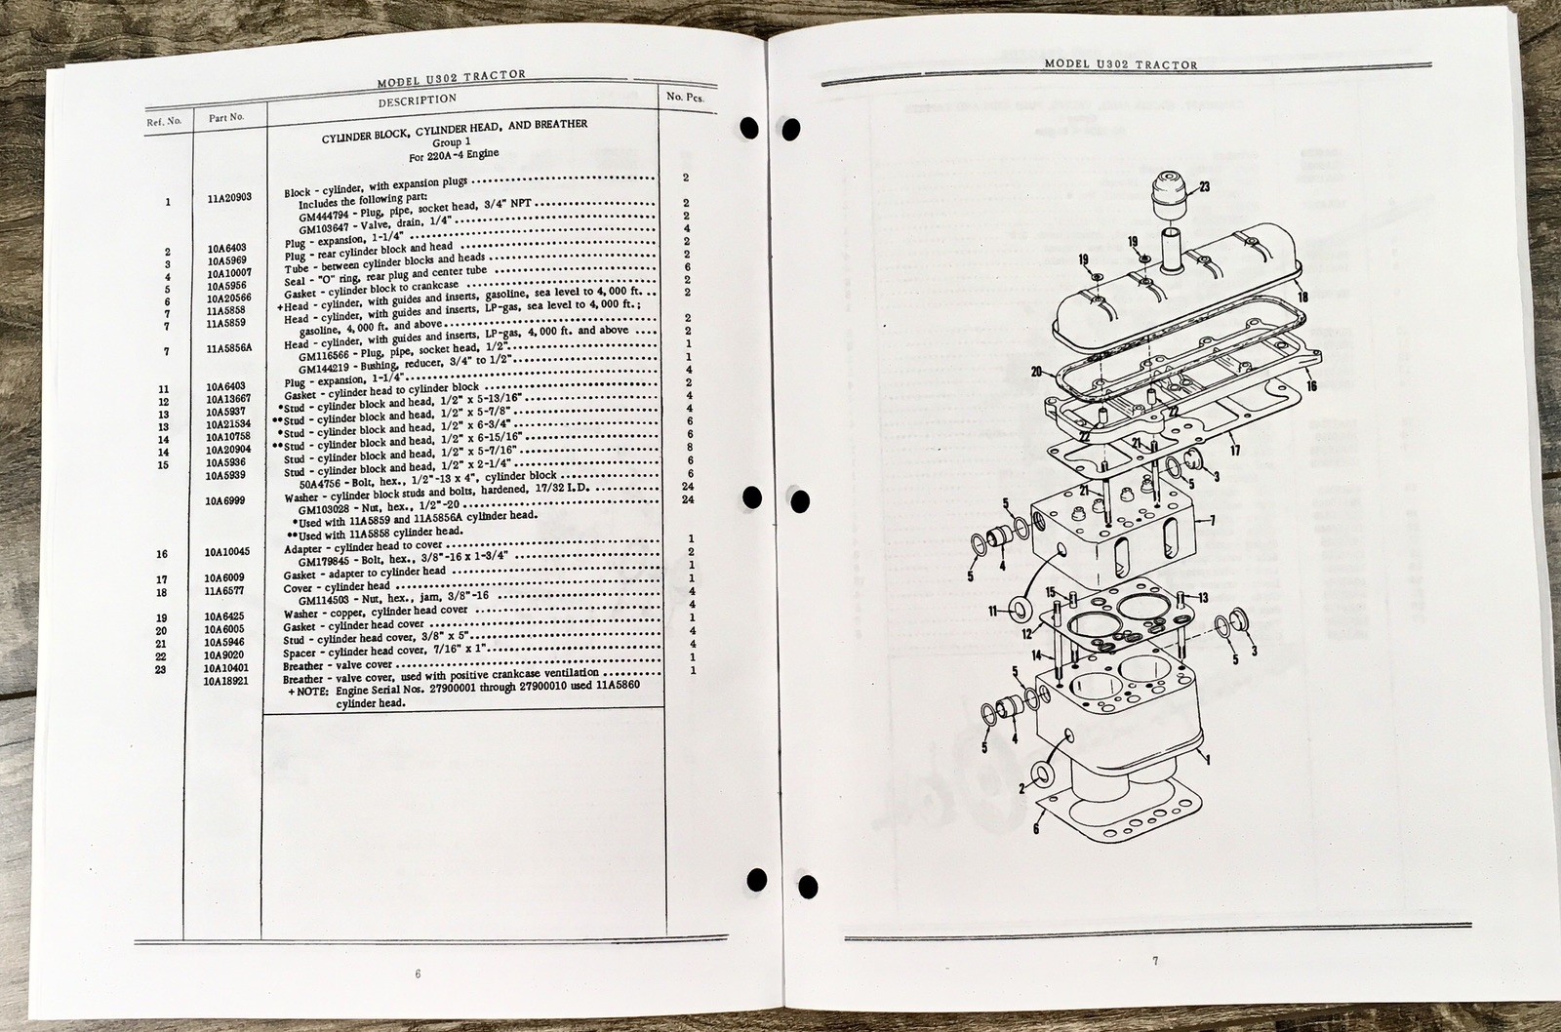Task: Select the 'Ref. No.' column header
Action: (x=165, y=122)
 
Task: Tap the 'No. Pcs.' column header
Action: (x=685, y=97)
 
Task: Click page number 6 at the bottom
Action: (x=418, y=973)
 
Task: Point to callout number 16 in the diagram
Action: (x=1311, y=386)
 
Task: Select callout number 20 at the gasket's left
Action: (x=1036, y=371)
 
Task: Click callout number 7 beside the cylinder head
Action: (x=1212, y=521)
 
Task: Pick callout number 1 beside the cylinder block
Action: (x=1210, y=759)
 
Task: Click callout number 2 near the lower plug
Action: (x=1021, y=787)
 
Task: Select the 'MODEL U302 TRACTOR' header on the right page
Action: (x=1120, y=64)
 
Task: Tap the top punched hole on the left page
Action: (x=749, y=128)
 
